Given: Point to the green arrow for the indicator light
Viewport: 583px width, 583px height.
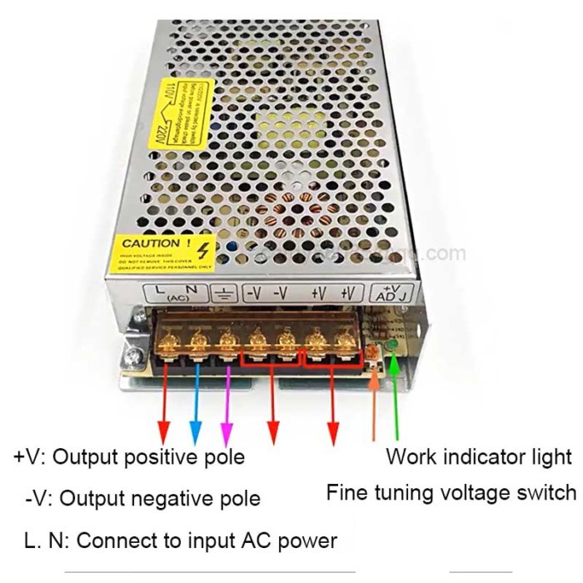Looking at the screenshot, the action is tap(394, 400).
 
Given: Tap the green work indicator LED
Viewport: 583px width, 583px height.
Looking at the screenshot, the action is tap(391, 348).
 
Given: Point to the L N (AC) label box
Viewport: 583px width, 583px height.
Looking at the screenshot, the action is tap(178, 292).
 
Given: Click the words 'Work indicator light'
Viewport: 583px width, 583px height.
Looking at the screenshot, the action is tap(479, 456).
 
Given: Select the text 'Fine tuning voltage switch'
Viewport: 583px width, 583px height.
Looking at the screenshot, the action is tap(451, 491).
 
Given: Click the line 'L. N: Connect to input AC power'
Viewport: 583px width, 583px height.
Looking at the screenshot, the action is tap(181, 541).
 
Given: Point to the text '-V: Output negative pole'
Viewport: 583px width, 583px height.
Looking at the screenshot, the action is tap(142, 499).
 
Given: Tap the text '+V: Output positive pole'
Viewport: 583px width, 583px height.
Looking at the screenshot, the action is tap(130, 457).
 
